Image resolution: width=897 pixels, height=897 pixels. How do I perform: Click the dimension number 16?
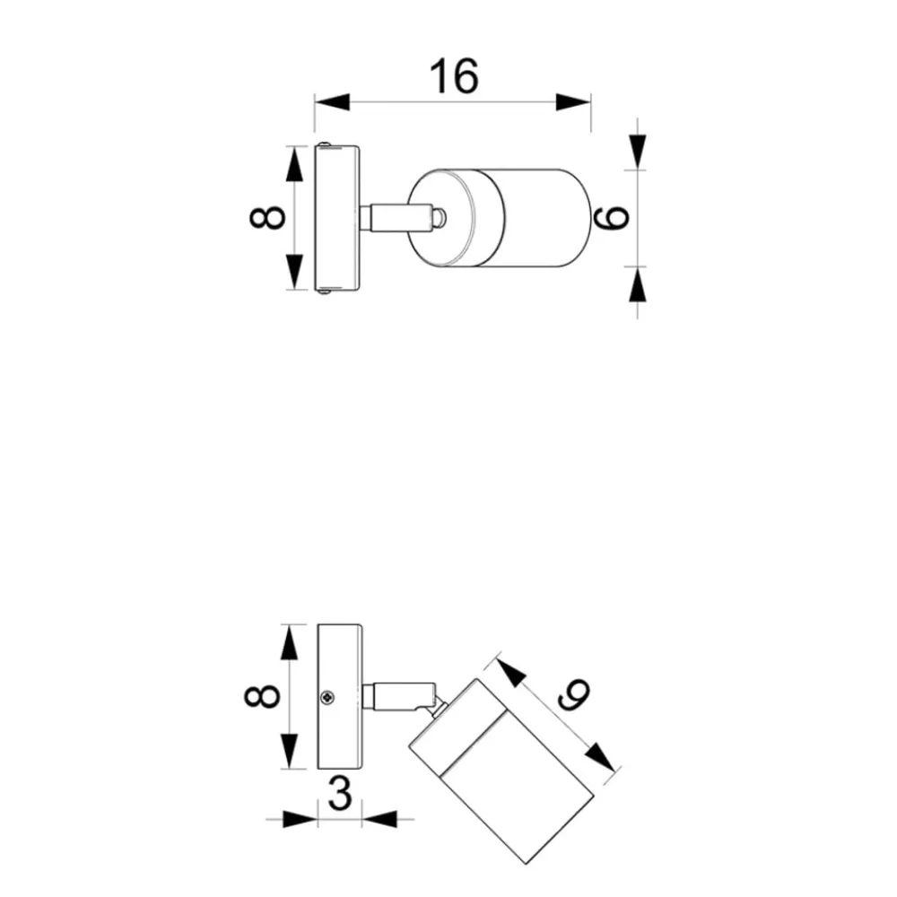tap(454, 75)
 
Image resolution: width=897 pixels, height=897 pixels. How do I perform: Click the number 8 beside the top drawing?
tap(267, 217)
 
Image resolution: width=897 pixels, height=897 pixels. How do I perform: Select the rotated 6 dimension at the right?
tap(611, 217)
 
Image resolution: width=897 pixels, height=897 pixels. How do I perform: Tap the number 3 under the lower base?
tap(340, 794)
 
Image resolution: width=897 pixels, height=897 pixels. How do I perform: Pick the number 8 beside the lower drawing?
tap(261, 696)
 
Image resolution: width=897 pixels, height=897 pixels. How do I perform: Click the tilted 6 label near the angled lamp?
tap(573, 694)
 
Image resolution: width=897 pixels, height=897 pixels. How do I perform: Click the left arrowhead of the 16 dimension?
tap(332, 102)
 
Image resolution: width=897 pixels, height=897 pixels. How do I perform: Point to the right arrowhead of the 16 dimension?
tap(573, 102)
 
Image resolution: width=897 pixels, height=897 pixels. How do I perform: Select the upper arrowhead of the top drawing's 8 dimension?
tap(294, 163)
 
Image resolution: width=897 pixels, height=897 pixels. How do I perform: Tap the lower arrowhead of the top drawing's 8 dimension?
tap(294, 272)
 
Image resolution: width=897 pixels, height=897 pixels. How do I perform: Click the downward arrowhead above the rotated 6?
tap(637, 152)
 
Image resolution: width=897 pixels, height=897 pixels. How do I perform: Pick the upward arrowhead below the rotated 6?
tap(637, 284)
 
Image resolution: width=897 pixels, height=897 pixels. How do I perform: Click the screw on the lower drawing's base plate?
tap(327, 697)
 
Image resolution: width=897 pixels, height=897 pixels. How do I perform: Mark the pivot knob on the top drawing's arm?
tap(439, 218)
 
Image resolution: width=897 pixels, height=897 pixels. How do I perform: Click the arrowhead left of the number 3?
tap(300, 819)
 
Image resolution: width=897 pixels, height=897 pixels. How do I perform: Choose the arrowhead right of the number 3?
tap(379, 819)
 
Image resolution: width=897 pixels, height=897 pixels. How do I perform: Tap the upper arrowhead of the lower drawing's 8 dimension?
tap(290, 642)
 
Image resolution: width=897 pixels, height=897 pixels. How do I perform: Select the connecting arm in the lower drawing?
tap(399, 697)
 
